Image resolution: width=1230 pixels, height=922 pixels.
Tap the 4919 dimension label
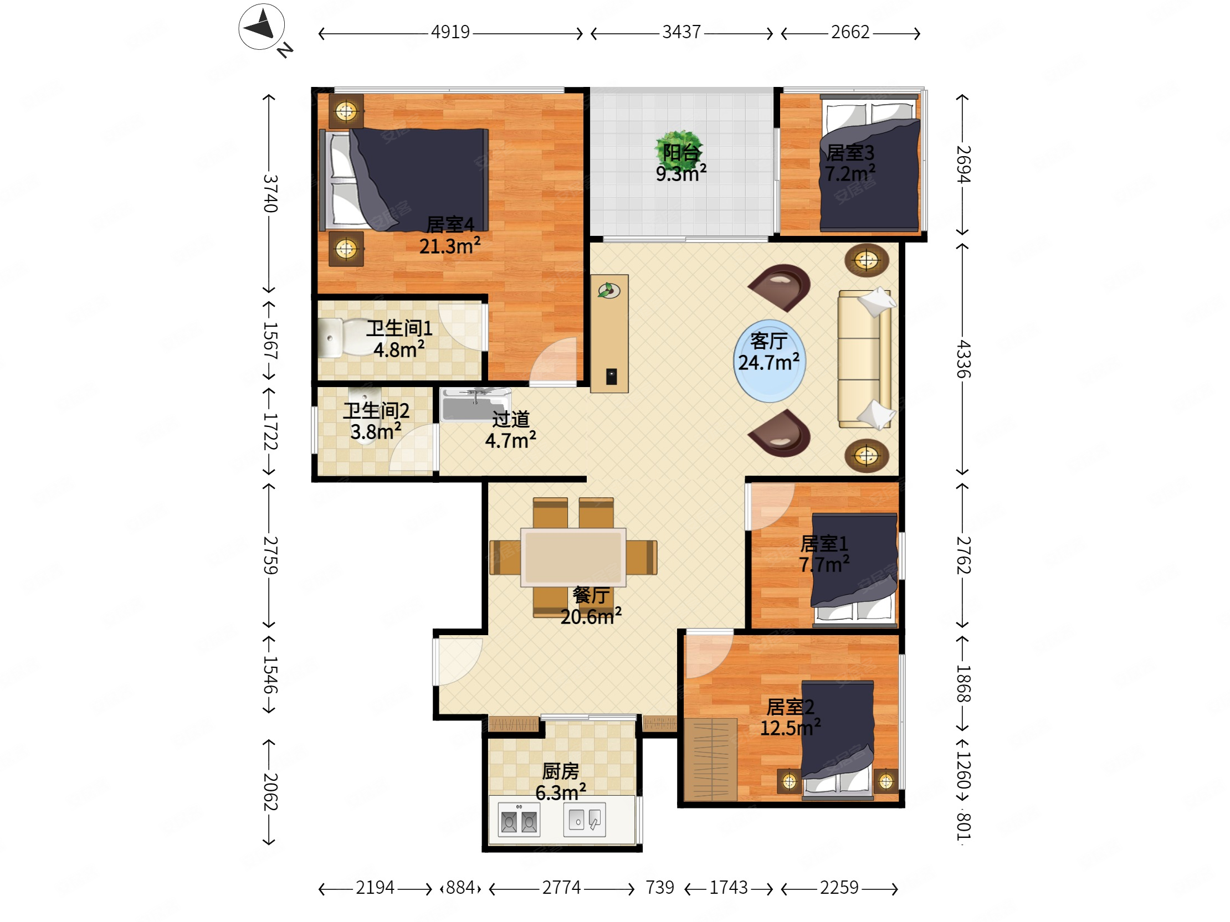point(450,32)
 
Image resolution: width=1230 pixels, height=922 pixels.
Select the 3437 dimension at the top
point(681,32)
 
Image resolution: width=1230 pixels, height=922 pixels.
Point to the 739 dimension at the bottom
point(659,888)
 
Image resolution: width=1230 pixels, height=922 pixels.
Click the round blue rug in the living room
point(769,360)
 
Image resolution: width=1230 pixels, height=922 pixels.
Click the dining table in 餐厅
point(573,557)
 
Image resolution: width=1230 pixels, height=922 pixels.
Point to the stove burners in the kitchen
point(519,820)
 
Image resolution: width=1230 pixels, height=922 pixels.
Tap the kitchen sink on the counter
point(585,819)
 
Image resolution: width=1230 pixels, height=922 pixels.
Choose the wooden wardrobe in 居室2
point(710,759)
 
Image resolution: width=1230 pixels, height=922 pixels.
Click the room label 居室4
point(450,224)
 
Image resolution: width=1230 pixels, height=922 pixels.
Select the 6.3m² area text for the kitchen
point(561,792)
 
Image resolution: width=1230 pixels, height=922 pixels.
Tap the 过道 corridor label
point(510,419)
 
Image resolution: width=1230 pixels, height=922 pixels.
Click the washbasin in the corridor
point(475,405)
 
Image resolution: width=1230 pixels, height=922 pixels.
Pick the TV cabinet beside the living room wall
point(609,333)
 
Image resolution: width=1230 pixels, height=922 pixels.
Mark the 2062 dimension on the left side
point(270,791)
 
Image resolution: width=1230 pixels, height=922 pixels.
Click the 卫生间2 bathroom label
point(376,411)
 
